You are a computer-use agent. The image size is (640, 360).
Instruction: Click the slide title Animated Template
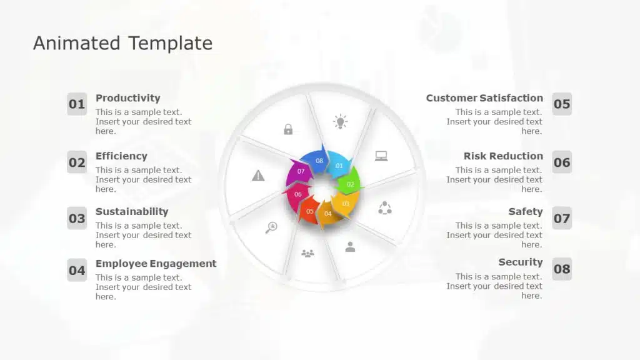pos(123,43)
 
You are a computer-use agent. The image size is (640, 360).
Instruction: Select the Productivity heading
pos(127,98)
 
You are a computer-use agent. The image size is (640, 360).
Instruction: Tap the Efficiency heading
pos(121,156)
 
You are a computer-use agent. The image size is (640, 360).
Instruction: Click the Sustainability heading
pos(132,211)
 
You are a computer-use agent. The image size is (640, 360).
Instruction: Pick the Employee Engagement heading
pos(156,264)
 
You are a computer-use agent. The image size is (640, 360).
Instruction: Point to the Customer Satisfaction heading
pos(484,98)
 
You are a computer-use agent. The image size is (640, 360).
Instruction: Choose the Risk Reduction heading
pos(503,156)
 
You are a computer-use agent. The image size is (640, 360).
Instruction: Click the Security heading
pos(521,262)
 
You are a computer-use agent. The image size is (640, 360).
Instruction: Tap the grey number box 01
pos(77,104)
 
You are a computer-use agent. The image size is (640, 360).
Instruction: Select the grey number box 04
pos(77,270)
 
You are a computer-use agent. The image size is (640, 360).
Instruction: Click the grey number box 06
pos(562,162)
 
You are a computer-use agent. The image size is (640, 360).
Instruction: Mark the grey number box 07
pos(562,218)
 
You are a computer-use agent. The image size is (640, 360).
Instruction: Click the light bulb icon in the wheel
pos(341,122)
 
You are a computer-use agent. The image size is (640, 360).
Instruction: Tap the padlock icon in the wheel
pos(288,129)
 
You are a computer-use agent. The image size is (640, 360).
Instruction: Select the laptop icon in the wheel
pos(381,156)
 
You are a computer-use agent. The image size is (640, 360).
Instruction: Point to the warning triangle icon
pos(258,176)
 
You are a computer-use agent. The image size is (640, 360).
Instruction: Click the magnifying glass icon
pos(271,227)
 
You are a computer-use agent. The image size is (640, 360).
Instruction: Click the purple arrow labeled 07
pos(299,171)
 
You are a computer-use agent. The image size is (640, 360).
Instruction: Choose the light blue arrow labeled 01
pos(339,164)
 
